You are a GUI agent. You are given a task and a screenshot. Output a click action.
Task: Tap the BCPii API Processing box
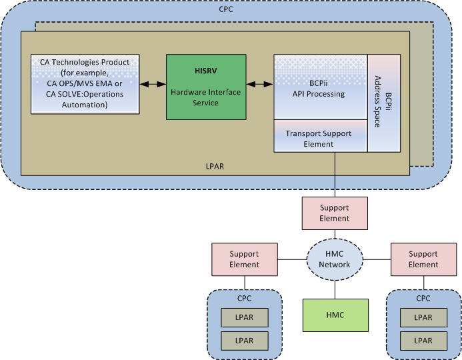(x=321, y=87)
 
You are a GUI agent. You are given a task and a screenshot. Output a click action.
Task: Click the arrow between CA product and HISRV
(x=153, y=84)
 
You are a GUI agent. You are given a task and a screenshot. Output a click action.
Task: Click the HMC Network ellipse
(x=335, y=259)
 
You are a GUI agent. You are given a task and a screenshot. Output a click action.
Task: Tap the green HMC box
(x=335, y=315)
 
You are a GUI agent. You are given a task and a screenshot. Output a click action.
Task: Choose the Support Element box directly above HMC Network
(x=335, y=213)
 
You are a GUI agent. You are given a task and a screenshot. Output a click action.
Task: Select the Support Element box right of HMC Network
(x=423, y=259)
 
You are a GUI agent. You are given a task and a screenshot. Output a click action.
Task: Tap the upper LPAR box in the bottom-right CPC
(x=423, y=317)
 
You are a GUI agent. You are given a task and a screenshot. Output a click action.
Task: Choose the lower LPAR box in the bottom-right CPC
(x=423, y=340)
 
